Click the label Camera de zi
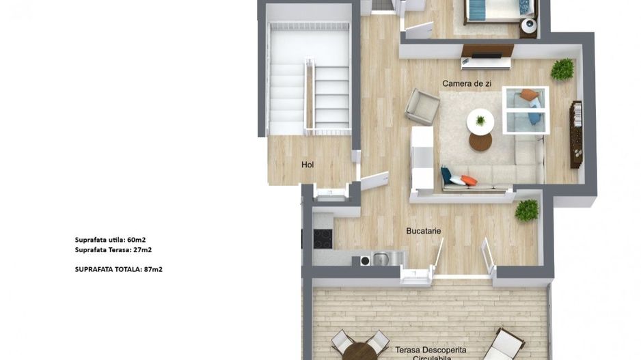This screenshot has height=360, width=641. point(467,84)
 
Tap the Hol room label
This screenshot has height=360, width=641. point(308,165)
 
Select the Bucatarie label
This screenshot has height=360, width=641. point(424,231)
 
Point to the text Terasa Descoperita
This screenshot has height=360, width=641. point(431,350)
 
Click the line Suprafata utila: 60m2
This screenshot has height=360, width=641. point(111,240)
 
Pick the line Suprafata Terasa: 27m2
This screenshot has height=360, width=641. point(113,249)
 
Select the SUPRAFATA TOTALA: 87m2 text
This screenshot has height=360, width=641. point(118,269)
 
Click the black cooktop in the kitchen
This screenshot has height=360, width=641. point(323,239)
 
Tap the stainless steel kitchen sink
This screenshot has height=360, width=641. point(382,259)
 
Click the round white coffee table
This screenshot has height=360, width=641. point(480,122)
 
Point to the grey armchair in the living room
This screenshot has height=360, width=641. point(422,107)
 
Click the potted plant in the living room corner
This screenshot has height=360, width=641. point(562,70)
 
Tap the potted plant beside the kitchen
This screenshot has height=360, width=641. point(527,210)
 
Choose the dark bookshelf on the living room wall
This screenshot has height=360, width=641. point(576,135)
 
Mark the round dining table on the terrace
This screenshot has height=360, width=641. point(360,352)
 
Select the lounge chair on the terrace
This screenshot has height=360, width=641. point(504,344)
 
